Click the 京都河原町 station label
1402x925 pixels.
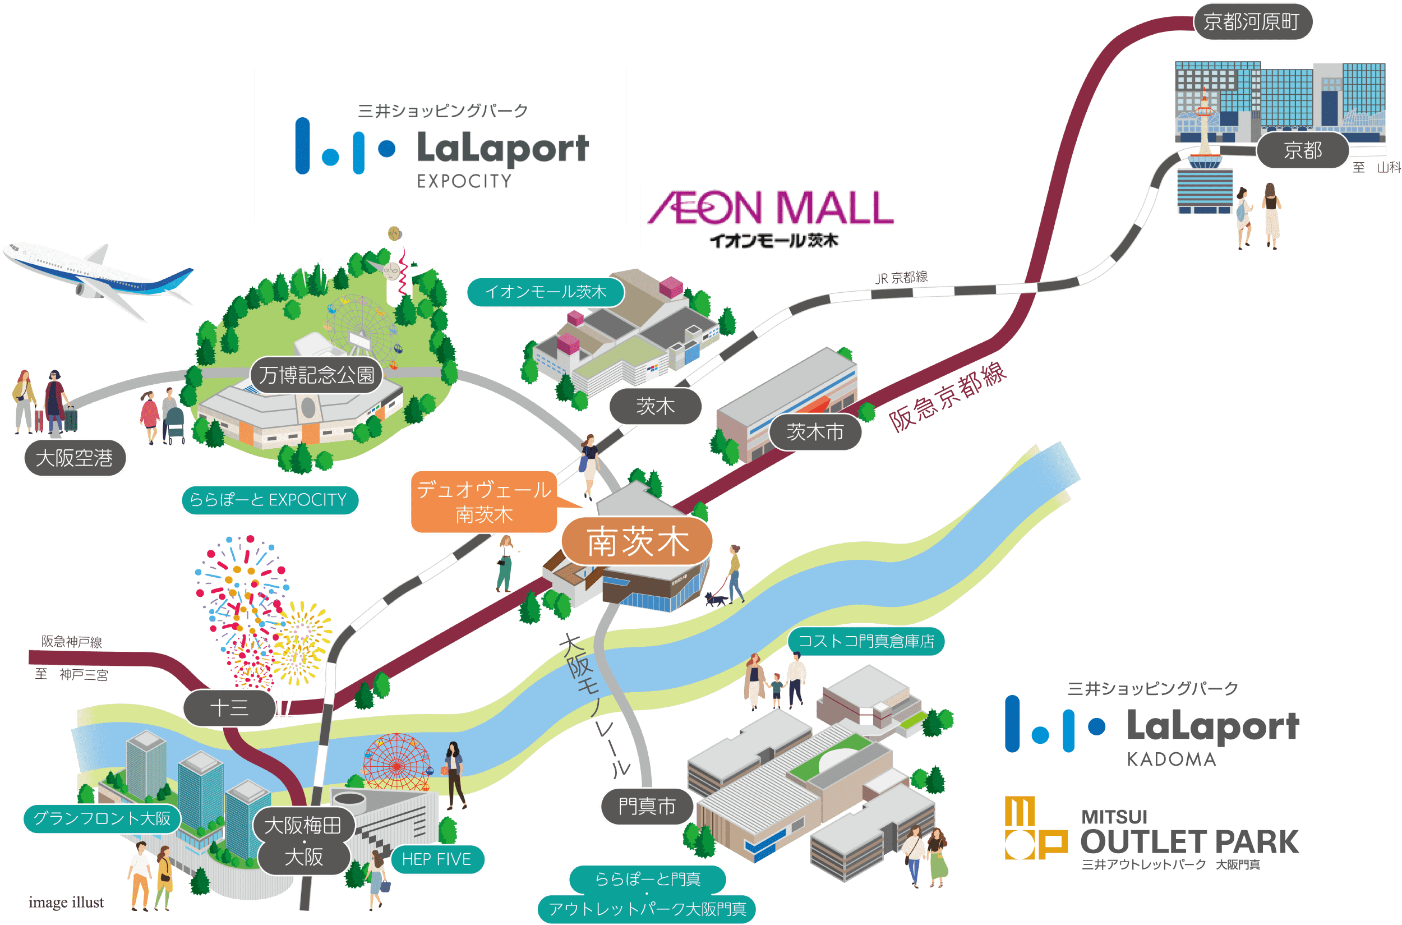pyautogui.click(x=1253, y=22)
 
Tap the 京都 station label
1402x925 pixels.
pyautogui.click(x=1302, y=150)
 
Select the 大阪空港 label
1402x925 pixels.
pyautogui.click(x=75, y=458)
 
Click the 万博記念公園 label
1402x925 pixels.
pyautogui.click(x=317, y=375)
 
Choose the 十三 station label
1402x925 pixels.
pyautogui.click(x=229, y=708)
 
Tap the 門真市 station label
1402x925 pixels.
pyautogui.click(x=647, y=806)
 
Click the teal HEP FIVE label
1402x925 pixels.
pyautogui.click(x=436, y=859)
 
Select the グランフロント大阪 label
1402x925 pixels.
pyautogui.click(x=102, y=818)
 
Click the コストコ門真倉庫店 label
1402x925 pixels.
pyautogui.click(x=866, y=641)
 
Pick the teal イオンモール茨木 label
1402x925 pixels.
pyautogui.click(x=546, y=292)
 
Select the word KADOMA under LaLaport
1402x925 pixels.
pyautogui.click(x=1172, y=759)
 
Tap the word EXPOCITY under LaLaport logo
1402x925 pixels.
pyautogui.click(x=464, y=181)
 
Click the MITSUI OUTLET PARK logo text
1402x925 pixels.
pyautogui.click(x=1188, y=834)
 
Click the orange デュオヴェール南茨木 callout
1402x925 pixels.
pyautogui.click(x=483, y=502)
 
